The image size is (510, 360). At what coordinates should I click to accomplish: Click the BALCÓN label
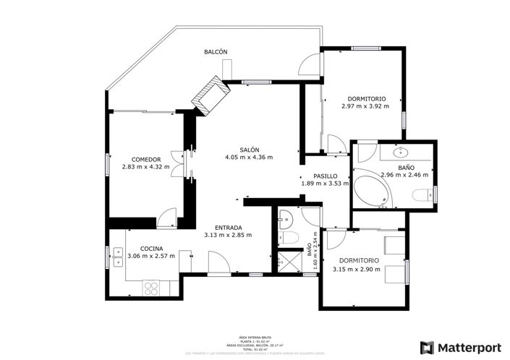click(216, 51)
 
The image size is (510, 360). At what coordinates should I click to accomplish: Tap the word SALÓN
click(250, 149)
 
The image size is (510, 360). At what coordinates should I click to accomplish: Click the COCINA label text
click(151, 248)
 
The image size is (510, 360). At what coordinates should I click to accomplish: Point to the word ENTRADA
click(228, 227)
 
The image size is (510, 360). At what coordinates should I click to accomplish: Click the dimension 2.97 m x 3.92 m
click(365, 106)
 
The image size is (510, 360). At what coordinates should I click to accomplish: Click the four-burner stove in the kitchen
click(153, 288)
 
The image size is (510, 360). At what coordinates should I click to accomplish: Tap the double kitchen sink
click(116, 257)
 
